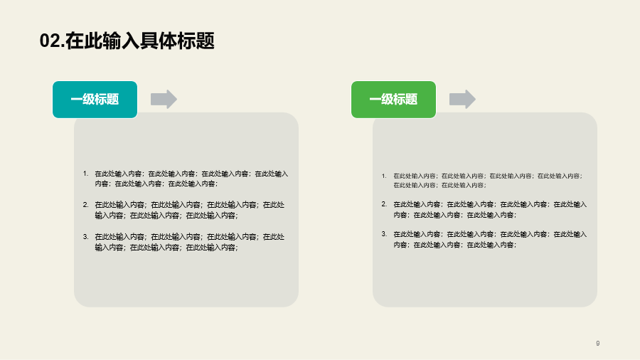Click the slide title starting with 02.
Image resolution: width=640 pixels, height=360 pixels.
[127, 41]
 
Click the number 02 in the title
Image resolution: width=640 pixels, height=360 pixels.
[50, 41]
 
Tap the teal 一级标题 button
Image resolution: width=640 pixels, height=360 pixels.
[95, 100]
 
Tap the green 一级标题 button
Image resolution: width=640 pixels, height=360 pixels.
[393, 100]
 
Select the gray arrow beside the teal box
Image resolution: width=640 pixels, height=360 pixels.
[164, 99]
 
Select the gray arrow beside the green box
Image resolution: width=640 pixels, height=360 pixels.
[462, 99]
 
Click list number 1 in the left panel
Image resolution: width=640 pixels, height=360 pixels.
[85, 174]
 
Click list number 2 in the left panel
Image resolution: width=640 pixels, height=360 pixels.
[85, 205]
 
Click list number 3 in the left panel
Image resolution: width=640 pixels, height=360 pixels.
[85, 237]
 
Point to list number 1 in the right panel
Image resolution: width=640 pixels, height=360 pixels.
[384, 176]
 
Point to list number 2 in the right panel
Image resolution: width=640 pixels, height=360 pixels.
[384, 204]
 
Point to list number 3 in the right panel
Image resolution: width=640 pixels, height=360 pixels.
[384, 234]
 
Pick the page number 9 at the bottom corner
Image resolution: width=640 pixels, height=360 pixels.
[598, 343]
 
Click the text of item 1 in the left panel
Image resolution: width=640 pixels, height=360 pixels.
[191, 179]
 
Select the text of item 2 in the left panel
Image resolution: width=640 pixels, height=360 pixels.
[190, 210]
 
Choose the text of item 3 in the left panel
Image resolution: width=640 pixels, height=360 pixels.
[190, 242]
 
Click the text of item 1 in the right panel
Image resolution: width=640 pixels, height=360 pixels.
[488, 181]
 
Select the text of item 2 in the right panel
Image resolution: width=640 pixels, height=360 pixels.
[490, 209]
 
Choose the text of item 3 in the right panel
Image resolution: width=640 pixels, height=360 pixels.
[490, 239]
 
